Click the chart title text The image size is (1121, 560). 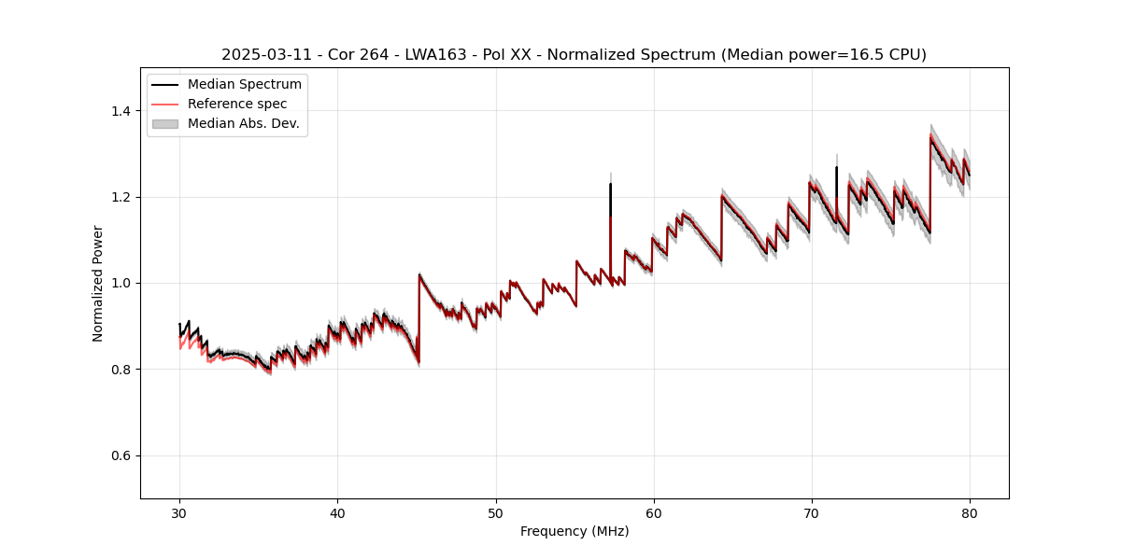[x=574, y=55]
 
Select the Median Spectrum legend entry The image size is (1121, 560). [x=244, y=85]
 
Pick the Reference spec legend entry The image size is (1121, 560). [x=237, y=104]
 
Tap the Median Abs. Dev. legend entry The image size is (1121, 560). [x=243, y=123]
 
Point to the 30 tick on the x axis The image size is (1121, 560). [x=179, y=512]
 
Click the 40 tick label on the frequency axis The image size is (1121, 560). [x=337, y=512]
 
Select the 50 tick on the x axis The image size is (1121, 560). [x=496, y=512]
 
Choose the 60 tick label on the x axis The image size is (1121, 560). [x=654, y=512]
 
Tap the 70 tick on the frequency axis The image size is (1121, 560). [x=812, y=512]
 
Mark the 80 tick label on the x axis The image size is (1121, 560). [x=970, y=512]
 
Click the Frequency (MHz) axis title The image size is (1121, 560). [x=575, y=531]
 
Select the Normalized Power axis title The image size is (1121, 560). [x=98, y=283]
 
